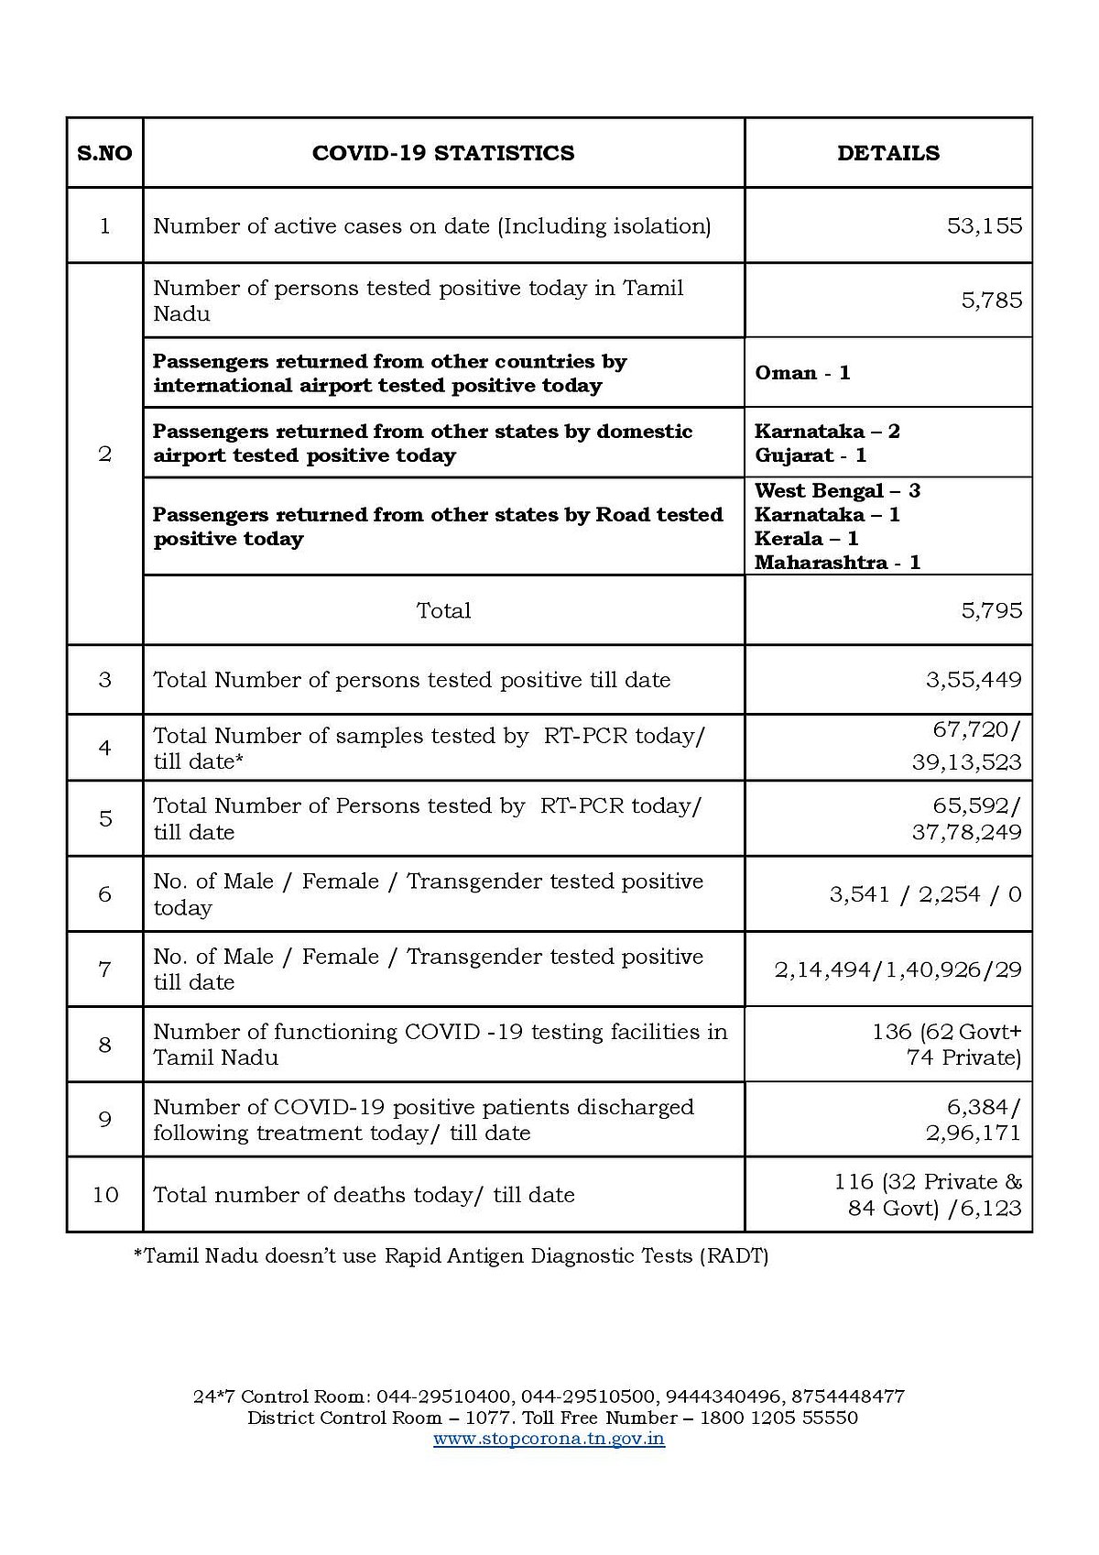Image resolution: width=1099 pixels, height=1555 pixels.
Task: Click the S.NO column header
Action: coord(104,153)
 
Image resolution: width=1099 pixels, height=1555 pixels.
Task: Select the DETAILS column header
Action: coord(887,153)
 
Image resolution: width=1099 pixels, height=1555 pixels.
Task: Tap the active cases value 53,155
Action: coord(985,226)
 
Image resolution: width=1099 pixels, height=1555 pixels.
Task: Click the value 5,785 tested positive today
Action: coord(991,301)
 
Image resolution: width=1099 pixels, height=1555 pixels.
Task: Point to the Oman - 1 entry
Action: coord(802,373)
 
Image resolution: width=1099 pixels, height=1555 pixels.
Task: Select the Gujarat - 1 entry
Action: coord(810,455)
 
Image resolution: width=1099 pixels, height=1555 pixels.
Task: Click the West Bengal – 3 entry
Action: coord(837,491)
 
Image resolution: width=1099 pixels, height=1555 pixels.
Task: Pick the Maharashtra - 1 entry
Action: coord(837,563)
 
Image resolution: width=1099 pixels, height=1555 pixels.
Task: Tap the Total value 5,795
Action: coord(991,611)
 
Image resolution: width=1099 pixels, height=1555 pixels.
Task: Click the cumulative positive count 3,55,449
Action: coord(973,680)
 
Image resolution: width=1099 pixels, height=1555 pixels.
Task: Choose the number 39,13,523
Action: coord(966,762)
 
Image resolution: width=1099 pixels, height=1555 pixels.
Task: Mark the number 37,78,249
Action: coord(966,833)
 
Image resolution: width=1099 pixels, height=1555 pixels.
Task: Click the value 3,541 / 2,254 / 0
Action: coord(925,894)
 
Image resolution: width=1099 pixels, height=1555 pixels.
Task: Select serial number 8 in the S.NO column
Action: coord(104,1045)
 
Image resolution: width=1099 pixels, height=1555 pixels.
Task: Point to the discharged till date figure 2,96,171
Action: coord(973,1133)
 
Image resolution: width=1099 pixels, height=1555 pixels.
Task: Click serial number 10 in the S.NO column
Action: coord(104,1195)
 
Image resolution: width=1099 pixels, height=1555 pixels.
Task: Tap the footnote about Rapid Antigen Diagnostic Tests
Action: coord(451,1256)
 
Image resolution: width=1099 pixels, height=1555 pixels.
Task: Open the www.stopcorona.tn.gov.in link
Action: coord(549,1439)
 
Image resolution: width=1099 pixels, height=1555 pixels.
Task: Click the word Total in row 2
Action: coord(443,611)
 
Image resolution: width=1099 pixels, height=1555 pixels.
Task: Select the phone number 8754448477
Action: coord(849,1396)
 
